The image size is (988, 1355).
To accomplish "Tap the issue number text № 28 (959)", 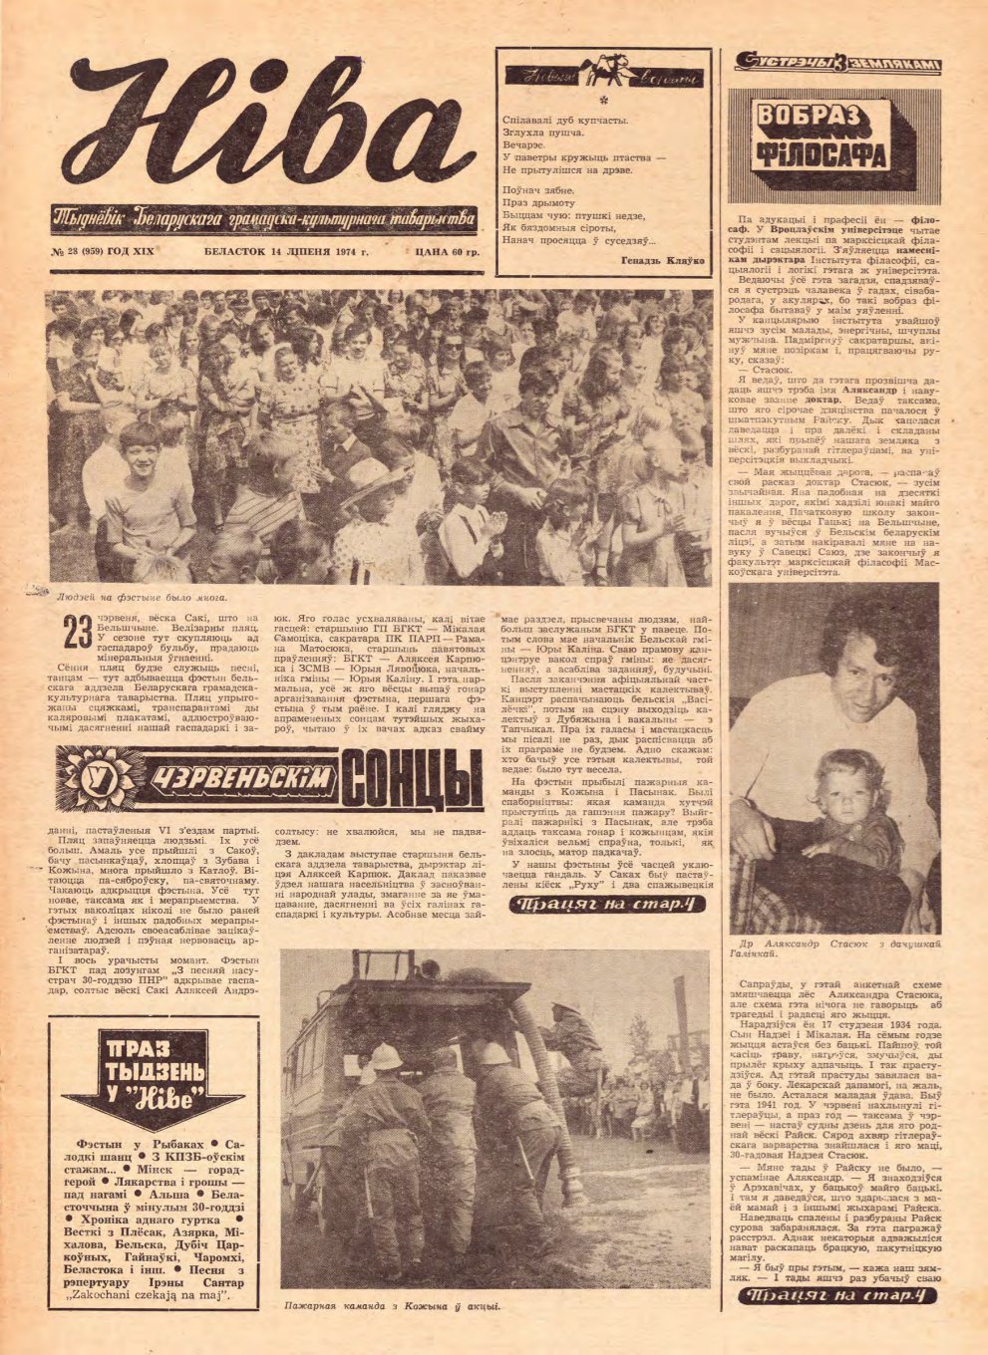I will click(103, 252).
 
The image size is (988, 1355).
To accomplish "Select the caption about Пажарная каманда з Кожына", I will click(391, 1305).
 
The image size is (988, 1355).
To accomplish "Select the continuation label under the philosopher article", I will click(836, 1295).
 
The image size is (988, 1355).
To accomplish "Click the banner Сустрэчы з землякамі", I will click(836, 64).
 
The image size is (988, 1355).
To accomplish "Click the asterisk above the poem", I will click(604, 100).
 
